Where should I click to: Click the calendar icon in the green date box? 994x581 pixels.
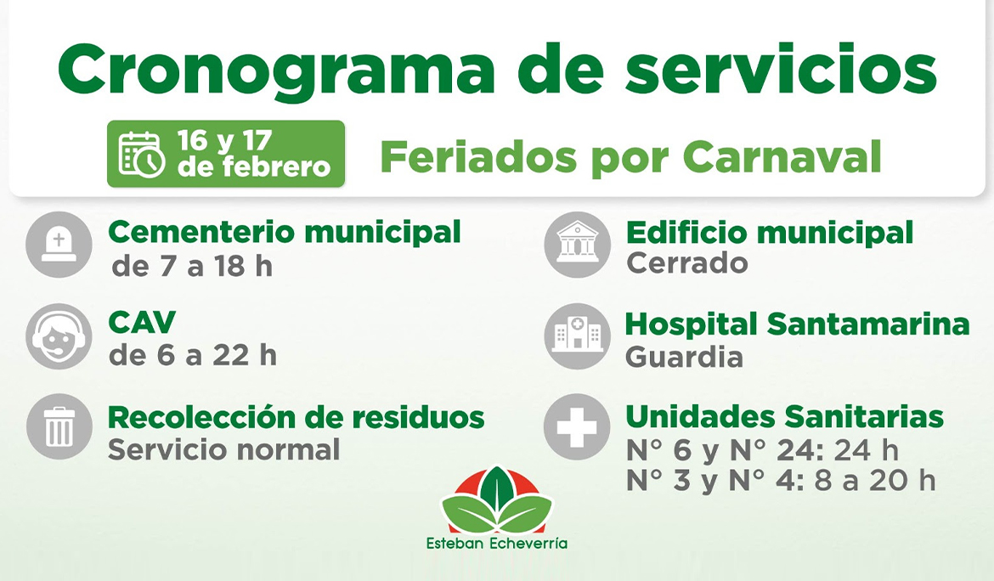[142, 154]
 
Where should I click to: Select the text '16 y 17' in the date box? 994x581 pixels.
[225, 140]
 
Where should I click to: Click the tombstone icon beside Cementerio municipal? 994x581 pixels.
[59, 245]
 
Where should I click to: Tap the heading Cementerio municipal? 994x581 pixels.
[285, 231]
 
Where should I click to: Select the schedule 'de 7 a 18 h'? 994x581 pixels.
[192, 267]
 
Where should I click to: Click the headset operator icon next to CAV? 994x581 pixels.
[59, 337]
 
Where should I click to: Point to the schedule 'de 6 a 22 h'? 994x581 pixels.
[193, 356]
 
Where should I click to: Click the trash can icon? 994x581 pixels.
[59, 426]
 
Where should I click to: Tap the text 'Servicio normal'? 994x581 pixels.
[223, 449]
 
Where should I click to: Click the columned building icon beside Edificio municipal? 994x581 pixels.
[577, 245]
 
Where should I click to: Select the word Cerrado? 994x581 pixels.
[686, 263]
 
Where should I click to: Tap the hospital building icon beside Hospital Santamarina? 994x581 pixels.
[577, 336]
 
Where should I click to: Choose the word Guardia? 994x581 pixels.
[684, 358]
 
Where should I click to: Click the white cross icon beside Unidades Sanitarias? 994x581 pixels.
[577, 427]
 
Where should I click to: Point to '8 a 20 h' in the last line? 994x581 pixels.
[874, 481]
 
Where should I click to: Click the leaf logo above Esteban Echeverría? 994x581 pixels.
[497, 501]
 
